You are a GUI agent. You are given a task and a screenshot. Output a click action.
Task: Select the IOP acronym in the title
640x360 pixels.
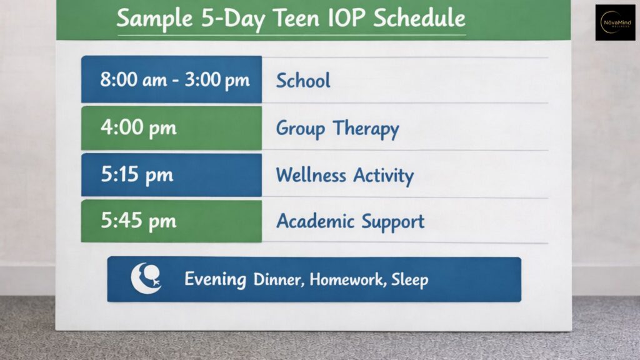346,18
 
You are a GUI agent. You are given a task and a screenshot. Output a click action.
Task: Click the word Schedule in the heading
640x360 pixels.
419,18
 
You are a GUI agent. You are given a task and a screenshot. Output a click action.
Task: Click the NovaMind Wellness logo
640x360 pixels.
615,22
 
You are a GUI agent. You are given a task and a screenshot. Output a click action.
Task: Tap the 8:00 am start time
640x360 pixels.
134,79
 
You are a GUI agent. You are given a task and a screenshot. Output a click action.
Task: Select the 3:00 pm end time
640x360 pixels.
217,80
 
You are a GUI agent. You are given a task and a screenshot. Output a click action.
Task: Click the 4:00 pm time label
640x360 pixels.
138,127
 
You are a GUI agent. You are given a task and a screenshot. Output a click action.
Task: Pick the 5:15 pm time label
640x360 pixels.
137,174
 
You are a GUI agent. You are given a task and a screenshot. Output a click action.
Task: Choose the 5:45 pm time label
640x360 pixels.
138,221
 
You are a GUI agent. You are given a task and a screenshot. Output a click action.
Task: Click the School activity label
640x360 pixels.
303,81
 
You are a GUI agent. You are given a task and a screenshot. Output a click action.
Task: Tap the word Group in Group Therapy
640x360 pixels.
301,129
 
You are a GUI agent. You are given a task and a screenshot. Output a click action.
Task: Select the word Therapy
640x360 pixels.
366,129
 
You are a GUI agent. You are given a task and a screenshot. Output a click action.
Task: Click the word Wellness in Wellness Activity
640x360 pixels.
311,175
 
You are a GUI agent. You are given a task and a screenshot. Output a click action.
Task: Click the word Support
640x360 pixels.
393,222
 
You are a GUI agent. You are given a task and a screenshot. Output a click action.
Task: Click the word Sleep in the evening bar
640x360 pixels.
410,280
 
